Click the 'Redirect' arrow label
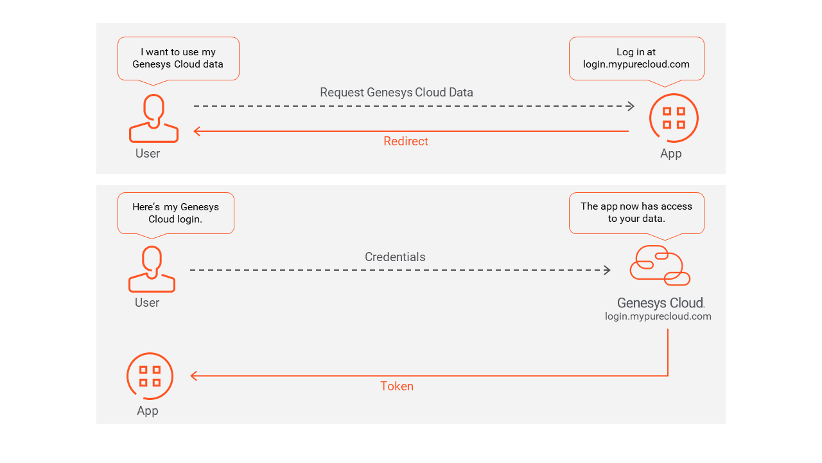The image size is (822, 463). [405, 141]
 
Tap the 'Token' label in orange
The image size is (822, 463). [397, 386]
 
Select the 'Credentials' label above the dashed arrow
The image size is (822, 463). [395, 257]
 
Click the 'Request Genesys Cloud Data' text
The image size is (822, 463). [396, 93]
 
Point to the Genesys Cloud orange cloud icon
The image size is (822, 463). [660, 265]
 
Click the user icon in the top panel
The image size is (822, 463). [153, 118]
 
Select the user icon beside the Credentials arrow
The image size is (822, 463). [152, 269]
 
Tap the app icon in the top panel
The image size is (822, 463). [673, 118]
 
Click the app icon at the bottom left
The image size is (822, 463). [150, 376]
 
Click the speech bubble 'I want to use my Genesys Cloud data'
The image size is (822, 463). [178, 59]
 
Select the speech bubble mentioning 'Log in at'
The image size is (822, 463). [636, 59]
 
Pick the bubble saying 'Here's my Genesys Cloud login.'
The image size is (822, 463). [175, 213]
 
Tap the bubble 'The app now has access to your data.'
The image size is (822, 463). [636, 213]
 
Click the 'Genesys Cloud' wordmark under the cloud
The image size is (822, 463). [660, 303]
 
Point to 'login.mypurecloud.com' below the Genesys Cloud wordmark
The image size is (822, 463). [658, 316]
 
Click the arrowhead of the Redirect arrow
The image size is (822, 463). [197, 131]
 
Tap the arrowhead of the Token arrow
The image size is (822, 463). [193, 376]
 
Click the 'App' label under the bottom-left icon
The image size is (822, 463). [147, 411]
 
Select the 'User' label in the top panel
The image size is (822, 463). [148, 154]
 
